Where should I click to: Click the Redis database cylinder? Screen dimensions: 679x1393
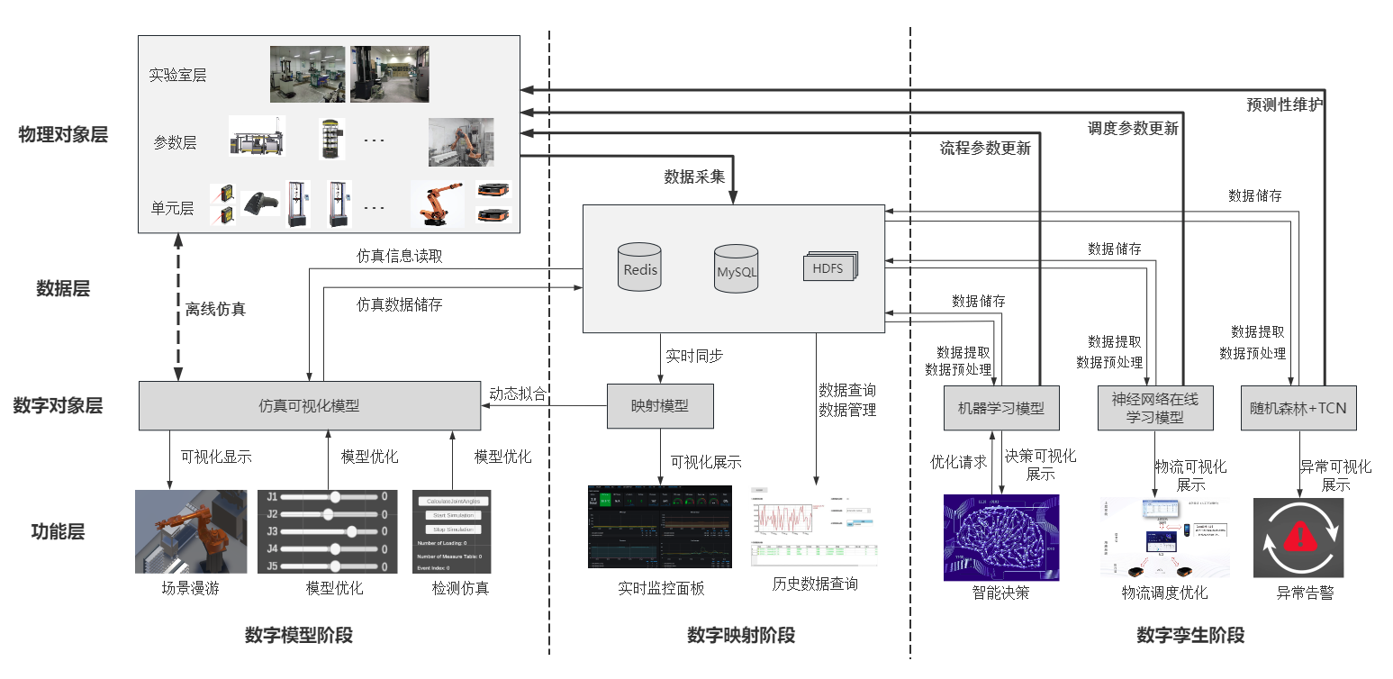click(x=640, y=267)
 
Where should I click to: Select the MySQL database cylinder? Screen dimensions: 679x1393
click(x=737, y=268)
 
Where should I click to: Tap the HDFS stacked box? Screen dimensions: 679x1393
click(x=829, y=267)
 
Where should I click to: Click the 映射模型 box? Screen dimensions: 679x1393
click(x=660, y=406)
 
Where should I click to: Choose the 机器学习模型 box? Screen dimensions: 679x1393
click(x=1000, y=408)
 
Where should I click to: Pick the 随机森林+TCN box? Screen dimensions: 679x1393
click(x=1298, y=408)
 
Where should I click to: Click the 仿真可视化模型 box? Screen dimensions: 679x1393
click(x=309, y=406)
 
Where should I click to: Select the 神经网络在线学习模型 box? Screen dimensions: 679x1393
click(x=1155, y=407)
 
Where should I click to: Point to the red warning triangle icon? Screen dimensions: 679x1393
click(x=1298, y=538)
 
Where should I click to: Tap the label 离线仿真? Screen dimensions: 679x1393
click(x=215, y=309)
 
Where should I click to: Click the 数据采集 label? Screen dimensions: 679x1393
click(x=694, y=177)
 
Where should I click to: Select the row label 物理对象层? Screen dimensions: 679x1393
click(x=63, y=135)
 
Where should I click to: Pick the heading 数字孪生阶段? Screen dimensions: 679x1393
click(x=1190, y=636)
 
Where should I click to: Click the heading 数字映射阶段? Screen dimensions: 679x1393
click(x=741, y=636)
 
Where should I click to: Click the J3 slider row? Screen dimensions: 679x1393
click(x=327, y=531)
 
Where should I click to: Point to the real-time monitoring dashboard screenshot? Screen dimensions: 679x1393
click(x=659, y=527)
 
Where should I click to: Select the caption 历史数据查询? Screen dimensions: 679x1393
click(x=815, y=584)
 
